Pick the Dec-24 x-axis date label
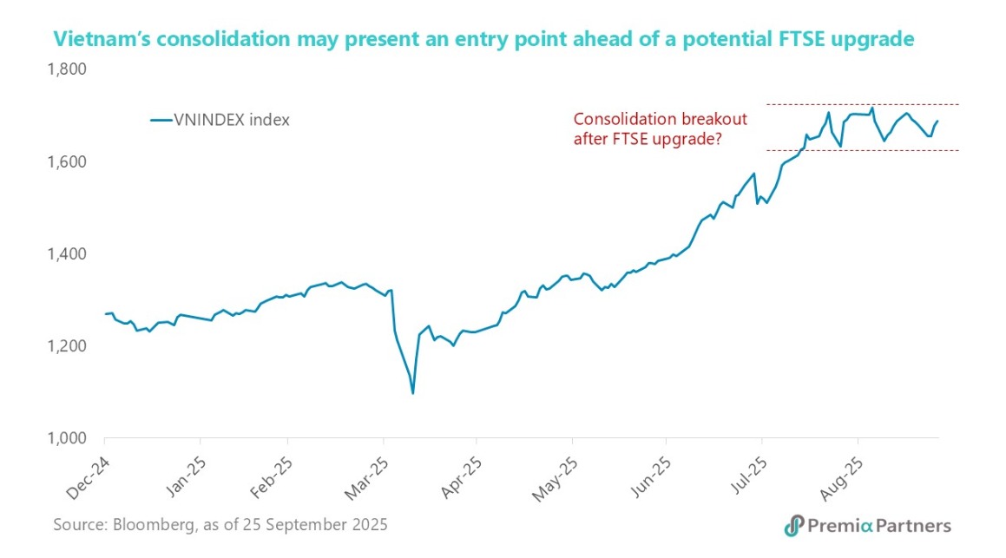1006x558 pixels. [87, 472]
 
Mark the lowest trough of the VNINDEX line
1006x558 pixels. [412, 393]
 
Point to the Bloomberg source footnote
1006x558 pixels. [220, 525]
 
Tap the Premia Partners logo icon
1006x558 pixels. [792, 525]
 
